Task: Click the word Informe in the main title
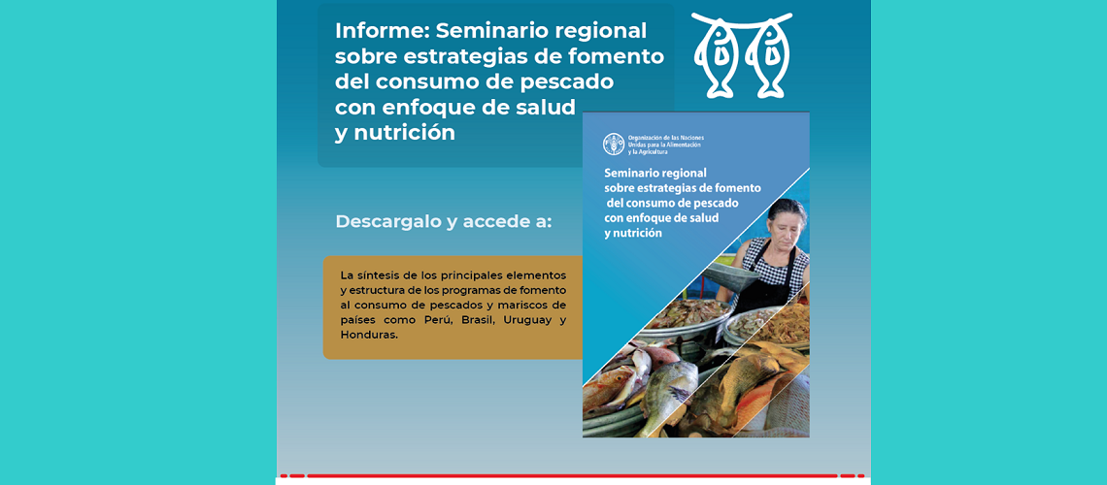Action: click(381, 31)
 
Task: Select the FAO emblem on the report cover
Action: click(614, 144)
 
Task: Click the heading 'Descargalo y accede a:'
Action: click(444, 221)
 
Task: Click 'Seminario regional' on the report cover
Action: click(655, 172)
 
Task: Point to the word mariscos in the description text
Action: click(511, 305)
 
